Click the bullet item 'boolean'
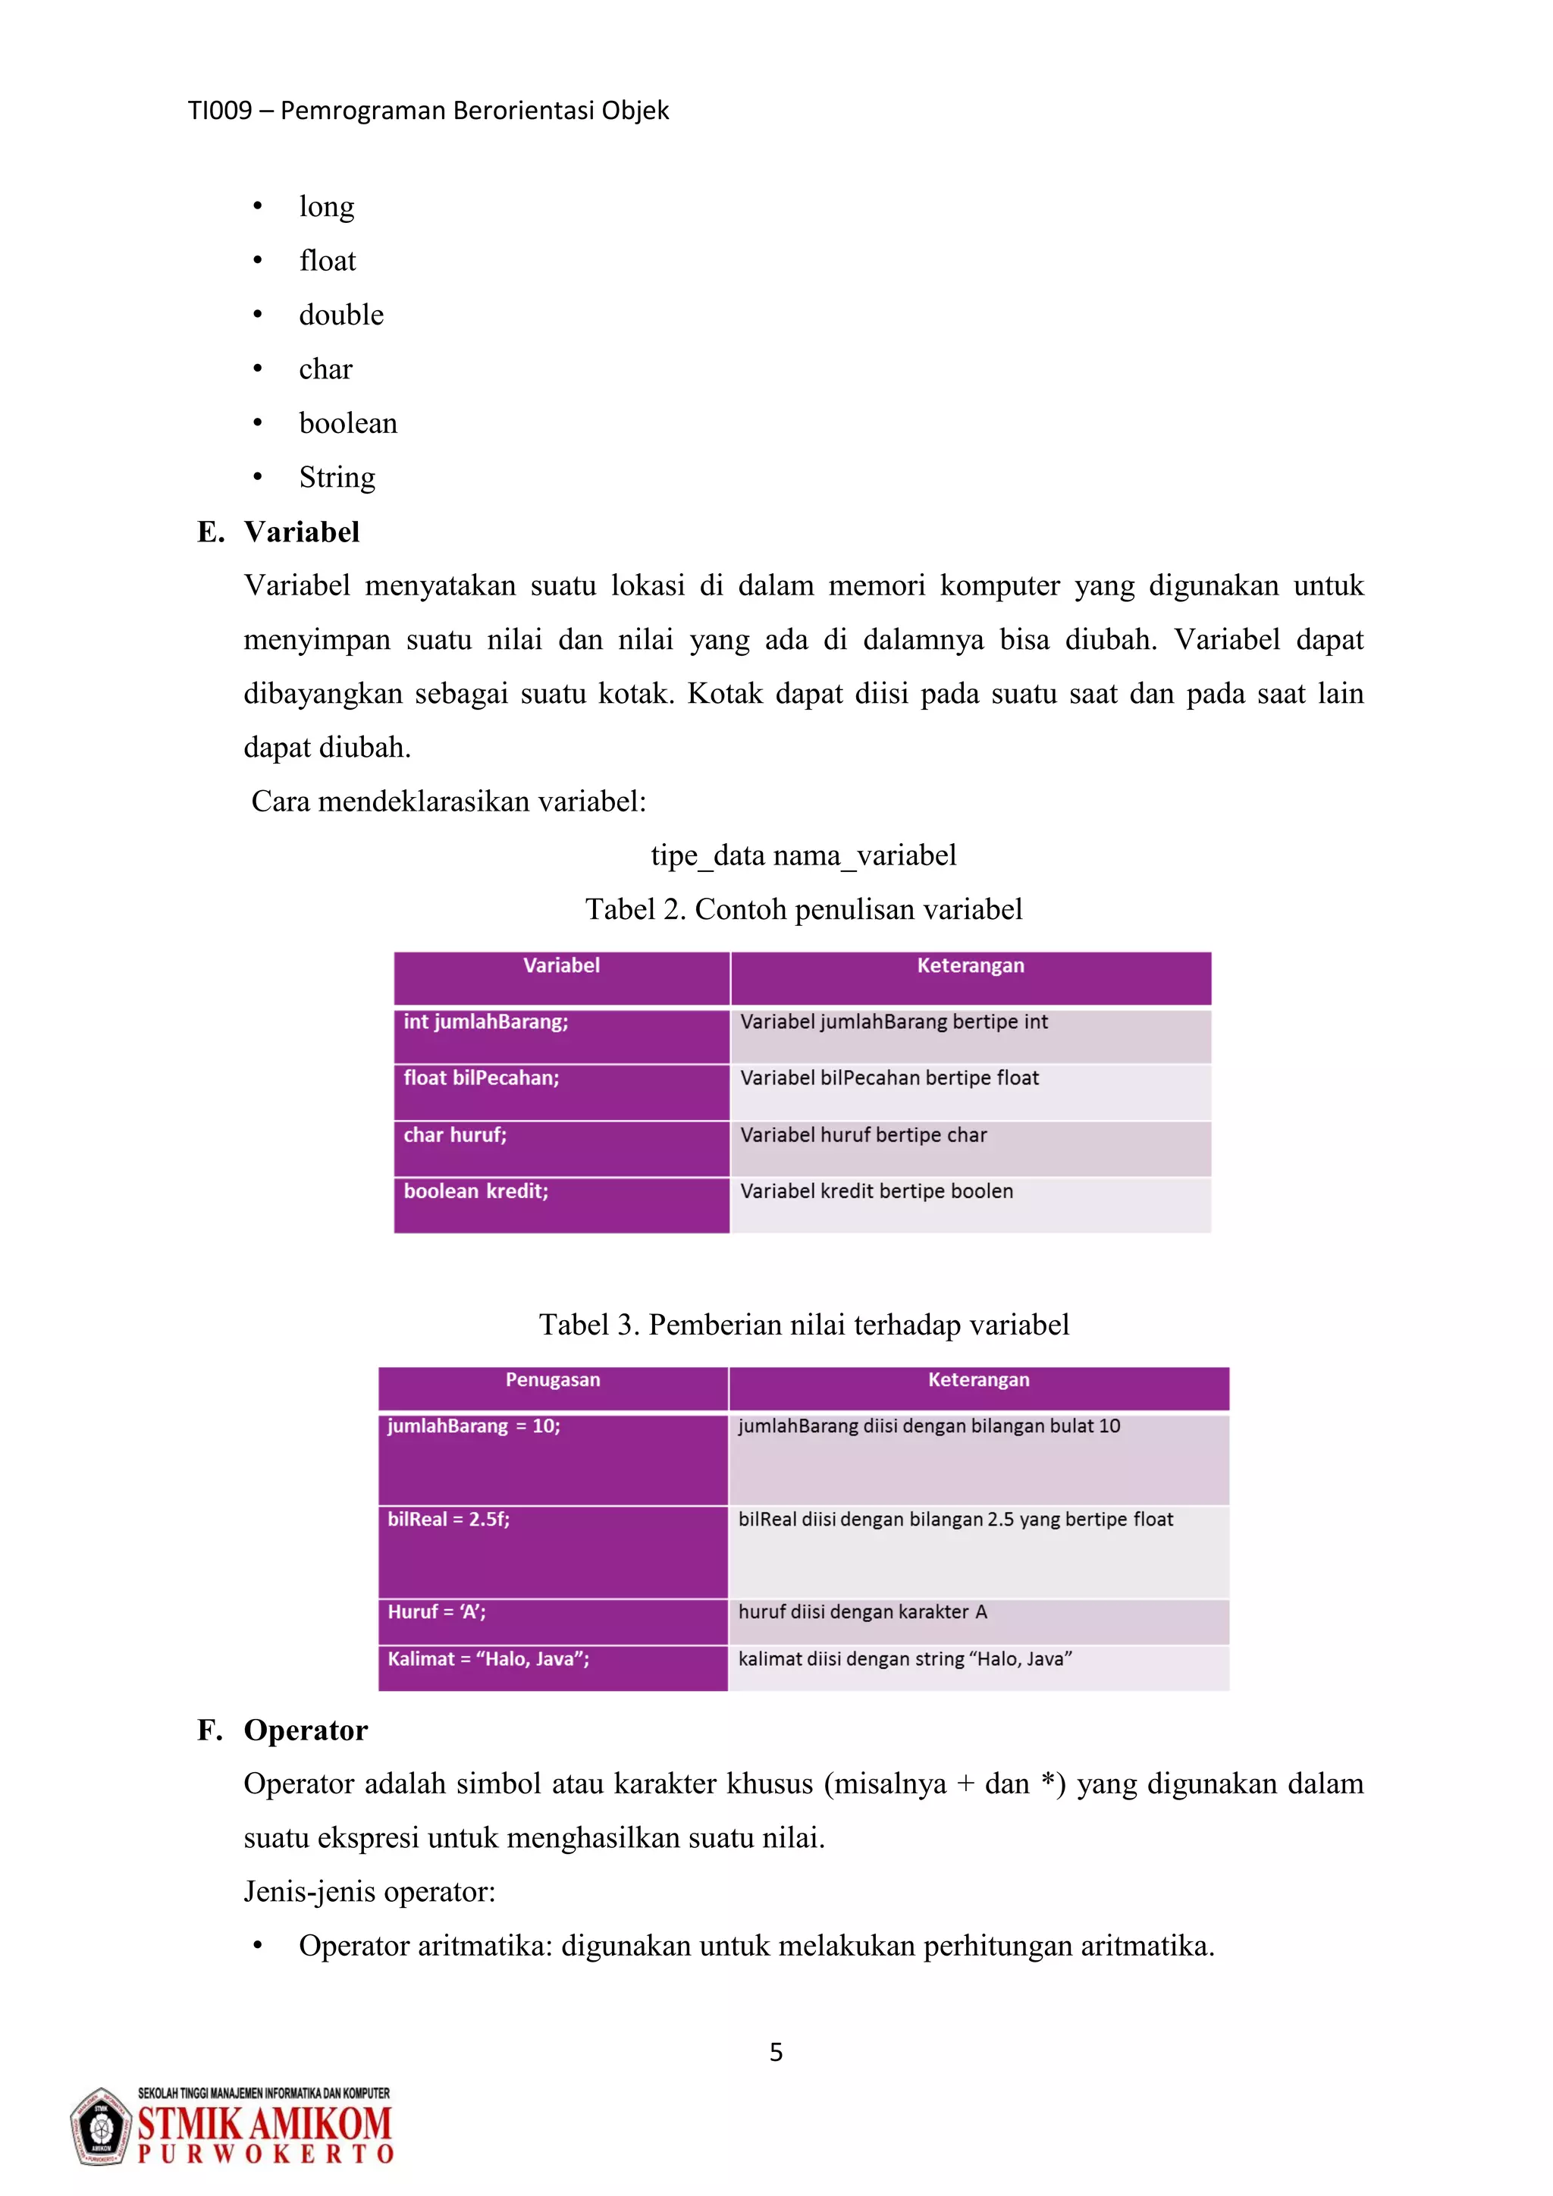pyautogui.click(x=347, y=423)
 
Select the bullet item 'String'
pyautogui.click(x=337, y=476)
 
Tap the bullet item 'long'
pyautogui.click(x=326, y=206)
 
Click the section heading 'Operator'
pyautogui.click(x=305, y=1730)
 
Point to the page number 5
pyautogui.click(x=776, y=2053)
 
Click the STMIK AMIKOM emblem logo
pyautogui.click(x=100, y=2127)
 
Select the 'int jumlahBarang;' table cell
pyautogui.click(x=561, y=1036)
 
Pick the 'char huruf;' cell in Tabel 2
pyautogui.click(x=561, y=1148)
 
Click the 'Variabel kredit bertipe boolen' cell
pyautogui.click(x=970, y=1204)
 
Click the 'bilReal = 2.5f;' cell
pyautogui.click(x=553, y=1551)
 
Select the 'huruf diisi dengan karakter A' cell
pyautogui.click(x=977, y=1621)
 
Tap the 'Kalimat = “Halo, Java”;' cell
pyautogui.click(x=553, y=1667)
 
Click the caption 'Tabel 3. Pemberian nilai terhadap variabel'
pyautogui.click(x=803, y=1325)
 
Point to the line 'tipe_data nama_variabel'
pyautogui.click(x=803, y=855)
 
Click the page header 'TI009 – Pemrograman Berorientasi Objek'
pyautogui.click(x=428, y=111)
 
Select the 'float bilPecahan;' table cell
pyautogui.click(x=561, y=1091)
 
